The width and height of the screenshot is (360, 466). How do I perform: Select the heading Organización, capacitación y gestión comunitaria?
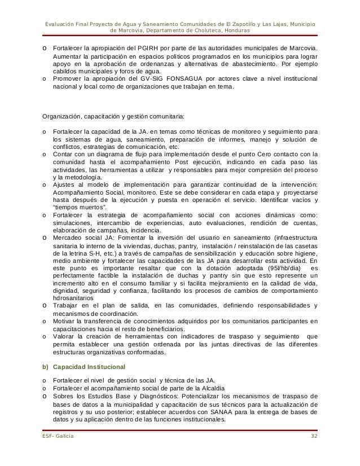tap(113, 118)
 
